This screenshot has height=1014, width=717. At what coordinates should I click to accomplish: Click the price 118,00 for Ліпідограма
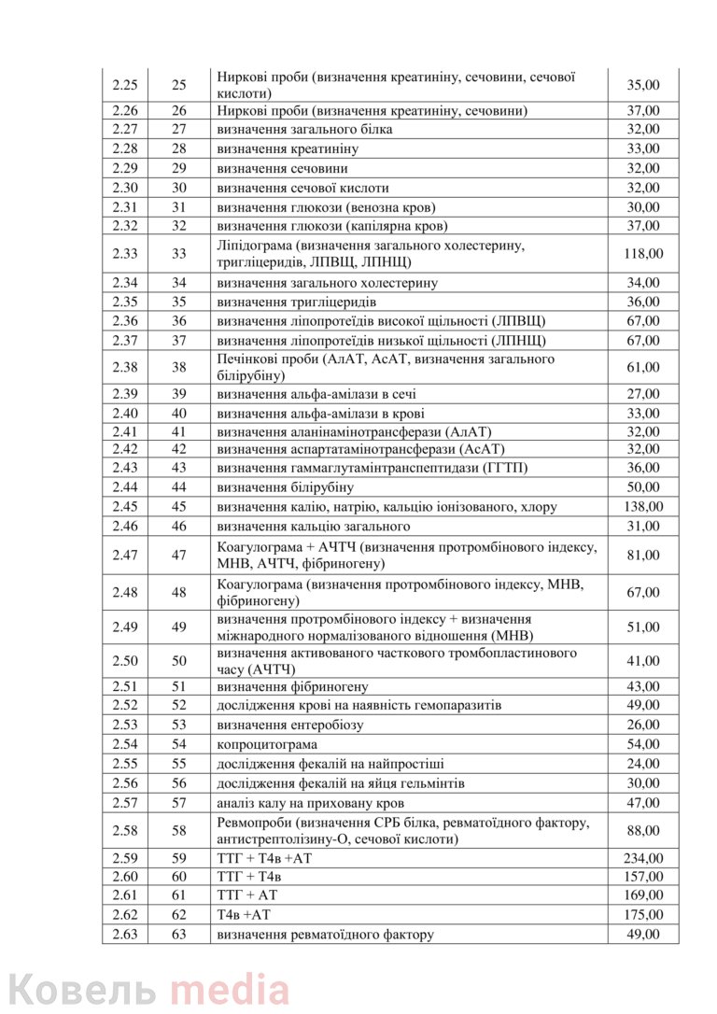[x=643, y=254]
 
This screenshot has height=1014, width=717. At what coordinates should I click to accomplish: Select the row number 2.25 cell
[x=124, y=85]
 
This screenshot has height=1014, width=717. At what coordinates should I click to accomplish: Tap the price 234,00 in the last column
[x=643, y=858]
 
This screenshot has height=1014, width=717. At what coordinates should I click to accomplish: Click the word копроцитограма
[x=266, y=744]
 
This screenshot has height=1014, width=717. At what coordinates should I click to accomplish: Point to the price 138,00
[x=643, y=507]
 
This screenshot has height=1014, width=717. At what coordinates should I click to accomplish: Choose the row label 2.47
[x=124, y=556]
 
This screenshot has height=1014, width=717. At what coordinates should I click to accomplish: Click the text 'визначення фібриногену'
[x=292, y=686]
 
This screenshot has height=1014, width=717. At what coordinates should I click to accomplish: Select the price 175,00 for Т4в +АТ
[x=643, y=915]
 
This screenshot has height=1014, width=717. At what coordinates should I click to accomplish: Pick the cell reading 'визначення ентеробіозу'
[x=289, y=725]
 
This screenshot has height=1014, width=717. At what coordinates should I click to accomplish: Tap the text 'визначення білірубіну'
[x=285, y=487]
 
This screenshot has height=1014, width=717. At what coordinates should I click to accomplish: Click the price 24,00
[x=643, y=764]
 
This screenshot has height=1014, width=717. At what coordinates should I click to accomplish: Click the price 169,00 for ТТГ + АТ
[x=643, y=896]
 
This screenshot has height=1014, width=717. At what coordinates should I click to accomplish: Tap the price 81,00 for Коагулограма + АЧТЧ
[x=643, y=556]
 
